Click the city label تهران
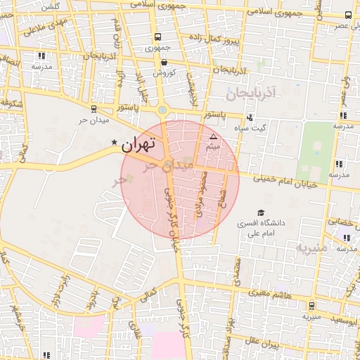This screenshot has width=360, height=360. [x=137, y=145]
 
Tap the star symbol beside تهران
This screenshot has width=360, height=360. [x=115, y=143]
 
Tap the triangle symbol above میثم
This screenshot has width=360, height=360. [x=214, y=136]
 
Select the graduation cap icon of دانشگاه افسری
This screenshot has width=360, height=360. [x=262, y=212]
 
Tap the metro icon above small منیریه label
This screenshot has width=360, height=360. [x=311, y=306]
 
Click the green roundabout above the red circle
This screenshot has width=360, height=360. [x=162, y=110]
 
